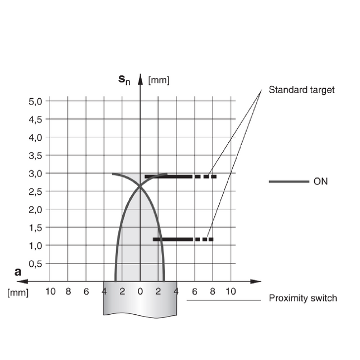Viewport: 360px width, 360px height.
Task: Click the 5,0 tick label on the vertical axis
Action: (x=35, y=102)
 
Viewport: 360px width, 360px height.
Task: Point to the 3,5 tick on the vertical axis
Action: (x=35, y=156)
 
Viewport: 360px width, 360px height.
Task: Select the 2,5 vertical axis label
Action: (x=35, y=192)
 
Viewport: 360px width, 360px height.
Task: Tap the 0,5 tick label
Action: (x=35, y=264)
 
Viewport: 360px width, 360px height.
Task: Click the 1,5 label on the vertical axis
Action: (x=35, y=228)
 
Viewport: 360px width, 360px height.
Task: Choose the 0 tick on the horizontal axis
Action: (x=140, y=291)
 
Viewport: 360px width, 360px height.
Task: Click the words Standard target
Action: (x=301, y=90)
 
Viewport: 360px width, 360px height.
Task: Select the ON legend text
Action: (x=320, y=181)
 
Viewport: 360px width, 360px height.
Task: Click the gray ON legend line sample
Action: (x=289, y=181)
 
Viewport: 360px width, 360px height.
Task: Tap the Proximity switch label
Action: (x=303, y=298)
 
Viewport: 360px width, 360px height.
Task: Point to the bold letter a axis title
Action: (x=18, y=272)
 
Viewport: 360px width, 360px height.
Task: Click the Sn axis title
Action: (x=124, y=80)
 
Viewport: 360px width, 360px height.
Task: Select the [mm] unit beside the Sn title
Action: (x=159, y=80)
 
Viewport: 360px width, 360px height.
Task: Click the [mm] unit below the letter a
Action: (x=18, y=292)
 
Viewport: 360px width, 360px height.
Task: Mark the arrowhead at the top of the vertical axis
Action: (x=140, y=79)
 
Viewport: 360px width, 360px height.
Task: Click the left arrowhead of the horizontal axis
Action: (x=22, y=281)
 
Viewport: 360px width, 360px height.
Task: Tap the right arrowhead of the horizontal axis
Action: (x=256, y=281)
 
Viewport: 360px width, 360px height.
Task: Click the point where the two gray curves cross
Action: (x=140, y=186)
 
